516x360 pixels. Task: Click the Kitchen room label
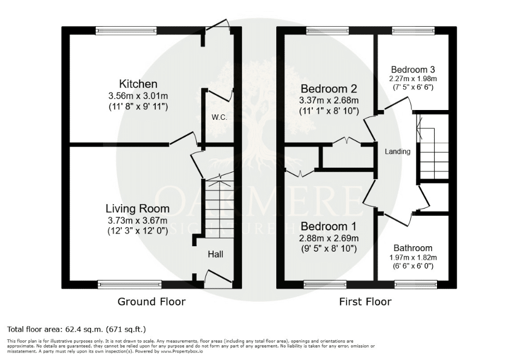click(x=138, y=84)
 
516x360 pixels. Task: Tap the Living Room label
click(x=137, y=209)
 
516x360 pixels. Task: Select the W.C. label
click(x=219, y=117)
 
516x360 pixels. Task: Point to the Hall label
click(x=216, y=254)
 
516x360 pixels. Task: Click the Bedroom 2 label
click(x=329, y=89)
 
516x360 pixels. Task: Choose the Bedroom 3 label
click(x=413, y=70)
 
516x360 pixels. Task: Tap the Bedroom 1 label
click(x=329, y=227)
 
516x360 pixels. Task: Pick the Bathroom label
click(x=413, y=248)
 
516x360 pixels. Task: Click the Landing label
click(x=398, y=152)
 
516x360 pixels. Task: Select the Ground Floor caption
click(x=151, y=301)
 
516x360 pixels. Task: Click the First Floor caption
click(x=365, y=301)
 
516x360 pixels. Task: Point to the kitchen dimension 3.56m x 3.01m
click(x=138, y=96)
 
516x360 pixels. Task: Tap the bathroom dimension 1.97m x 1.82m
click(x=413, y=258)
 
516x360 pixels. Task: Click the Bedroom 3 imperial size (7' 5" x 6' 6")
click(x=413, y=87)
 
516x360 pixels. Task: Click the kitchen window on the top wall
click(x=126, y=30)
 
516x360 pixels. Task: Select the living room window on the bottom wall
click(x=130, y=284)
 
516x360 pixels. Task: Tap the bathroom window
click(x=416, y=284)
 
